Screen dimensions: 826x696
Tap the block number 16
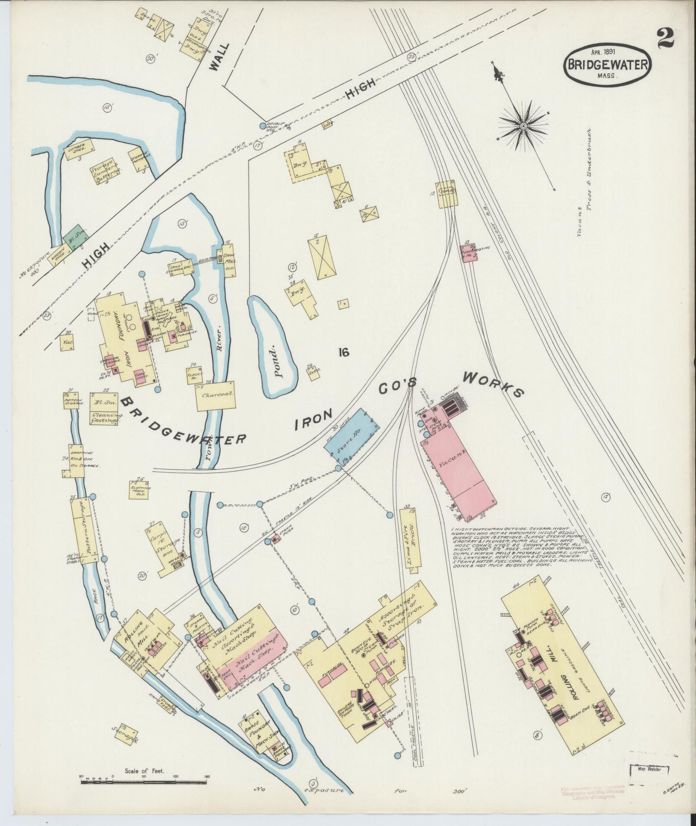[x=343, y=353]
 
